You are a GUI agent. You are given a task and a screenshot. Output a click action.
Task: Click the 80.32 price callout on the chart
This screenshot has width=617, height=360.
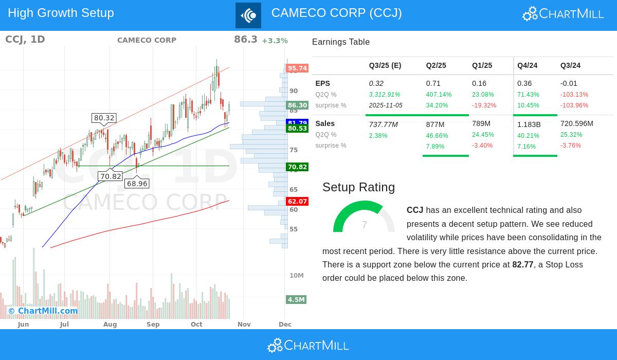point(104,118)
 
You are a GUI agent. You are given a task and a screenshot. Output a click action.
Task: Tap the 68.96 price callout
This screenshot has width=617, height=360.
point(137,184)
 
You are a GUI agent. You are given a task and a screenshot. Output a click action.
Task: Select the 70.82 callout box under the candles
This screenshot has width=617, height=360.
point(111,176)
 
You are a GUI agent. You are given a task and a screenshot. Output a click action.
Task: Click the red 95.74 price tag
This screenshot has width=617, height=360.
point(297,68)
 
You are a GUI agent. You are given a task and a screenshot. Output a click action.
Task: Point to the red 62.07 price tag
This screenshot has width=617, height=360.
point(297,202)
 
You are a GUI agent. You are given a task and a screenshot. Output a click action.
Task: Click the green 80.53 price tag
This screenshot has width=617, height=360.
point(297,129)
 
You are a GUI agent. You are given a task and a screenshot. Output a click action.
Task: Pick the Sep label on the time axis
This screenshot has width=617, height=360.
point(153,325)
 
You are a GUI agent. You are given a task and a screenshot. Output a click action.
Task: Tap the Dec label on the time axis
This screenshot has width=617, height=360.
point(285,325)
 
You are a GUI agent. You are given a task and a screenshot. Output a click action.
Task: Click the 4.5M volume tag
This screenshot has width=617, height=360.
point(296,300)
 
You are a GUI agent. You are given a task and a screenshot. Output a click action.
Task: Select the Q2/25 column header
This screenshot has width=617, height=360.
point(436,65)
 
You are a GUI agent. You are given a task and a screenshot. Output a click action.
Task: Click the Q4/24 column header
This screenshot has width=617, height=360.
point(527,65)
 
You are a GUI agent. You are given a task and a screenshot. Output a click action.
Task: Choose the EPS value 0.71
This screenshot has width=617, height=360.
point(432,83)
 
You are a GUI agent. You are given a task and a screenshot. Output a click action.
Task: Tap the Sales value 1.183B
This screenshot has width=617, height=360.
point(529,124)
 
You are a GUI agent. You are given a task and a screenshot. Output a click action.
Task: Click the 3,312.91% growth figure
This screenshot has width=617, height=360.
point(384,95)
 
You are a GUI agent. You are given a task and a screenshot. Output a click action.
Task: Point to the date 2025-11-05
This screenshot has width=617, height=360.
point(386,105)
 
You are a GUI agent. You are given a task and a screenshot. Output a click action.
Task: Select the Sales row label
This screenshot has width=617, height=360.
point(325,123)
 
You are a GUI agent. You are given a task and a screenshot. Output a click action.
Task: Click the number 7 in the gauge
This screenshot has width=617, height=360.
point(364,225)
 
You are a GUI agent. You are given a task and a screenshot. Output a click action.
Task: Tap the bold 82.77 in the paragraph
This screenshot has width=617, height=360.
point(522,265)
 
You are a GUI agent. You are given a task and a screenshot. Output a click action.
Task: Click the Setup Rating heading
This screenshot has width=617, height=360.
point(358,187)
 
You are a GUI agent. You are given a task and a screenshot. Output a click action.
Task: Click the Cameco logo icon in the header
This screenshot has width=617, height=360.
point(248,15)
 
